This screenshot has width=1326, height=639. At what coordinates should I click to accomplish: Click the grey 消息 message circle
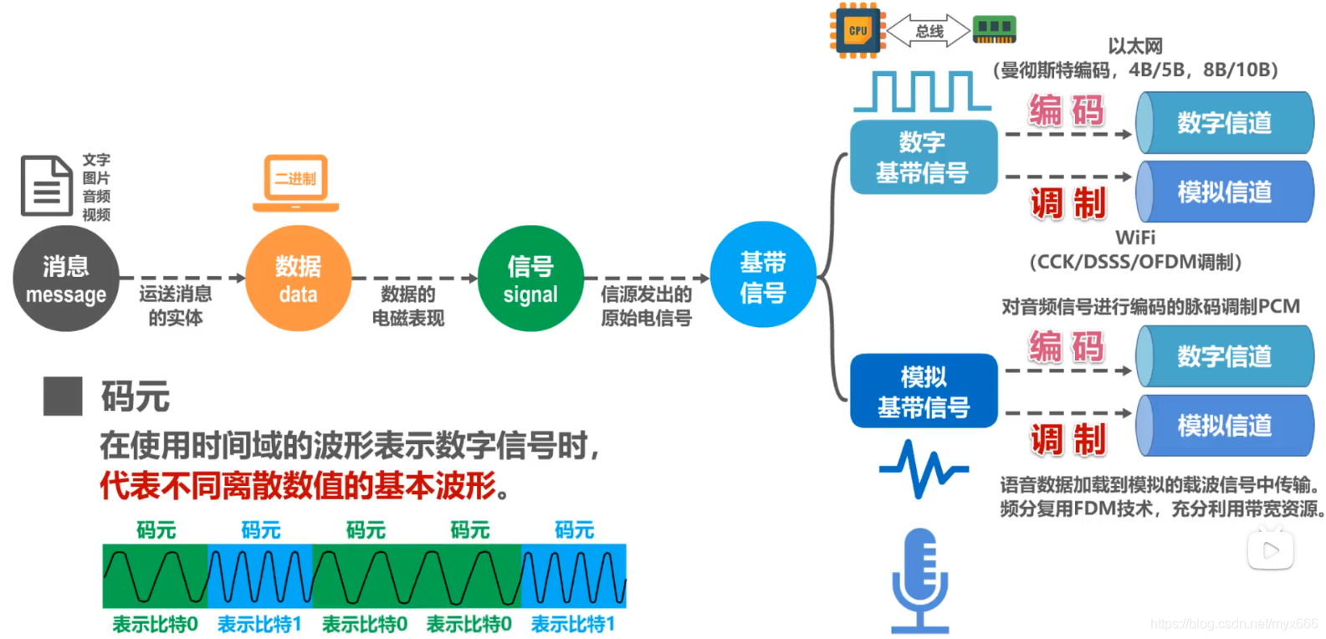pos(66,279)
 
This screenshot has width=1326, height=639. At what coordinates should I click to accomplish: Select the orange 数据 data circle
pos(299,279)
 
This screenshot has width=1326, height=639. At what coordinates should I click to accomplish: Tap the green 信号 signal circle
pos(530,279)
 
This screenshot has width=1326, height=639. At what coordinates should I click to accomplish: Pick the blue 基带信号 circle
pos(763,275)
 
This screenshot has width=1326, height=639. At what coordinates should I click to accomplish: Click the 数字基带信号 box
pos(923,157)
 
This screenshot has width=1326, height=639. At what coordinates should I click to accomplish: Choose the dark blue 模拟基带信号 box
pos(924,391)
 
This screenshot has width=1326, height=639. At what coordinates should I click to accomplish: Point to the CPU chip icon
pos(858,31)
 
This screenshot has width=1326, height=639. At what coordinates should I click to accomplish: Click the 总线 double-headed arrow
pos(929,32)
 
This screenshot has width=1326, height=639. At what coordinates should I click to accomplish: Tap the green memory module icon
pos(994,29)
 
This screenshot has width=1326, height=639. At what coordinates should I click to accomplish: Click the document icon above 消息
pos(46,186)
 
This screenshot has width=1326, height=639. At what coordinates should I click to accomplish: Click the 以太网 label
pos(1135,46)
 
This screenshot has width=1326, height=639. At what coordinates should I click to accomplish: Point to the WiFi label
pos(1135,238)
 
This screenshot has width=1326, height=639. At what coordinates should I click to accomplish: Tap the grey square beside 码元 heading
pos(63,396)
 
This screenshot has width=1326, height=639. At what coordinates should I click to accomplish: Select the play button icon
pos(1270,550)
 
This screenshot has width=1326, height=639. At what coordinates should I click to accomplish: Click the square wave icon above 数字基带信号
pos(922,91)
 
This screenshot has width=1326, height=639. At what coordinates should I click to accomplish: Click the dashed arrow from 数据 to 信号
pos(414,279)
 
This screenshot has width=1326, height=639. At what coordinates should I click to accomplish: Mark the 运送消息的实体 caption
pos(176,305)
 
